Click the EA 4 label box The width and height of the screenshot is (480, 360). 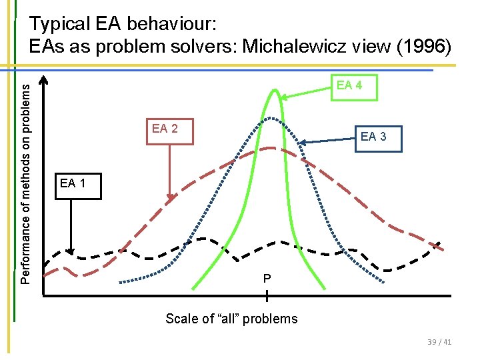pos(349,86)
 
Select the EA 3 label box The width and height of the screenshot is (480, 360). pos(373,137)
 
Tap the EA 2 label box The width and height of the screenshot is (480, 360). pos(165,129)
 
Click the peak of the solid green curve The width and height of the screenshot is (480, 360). pos(273,90)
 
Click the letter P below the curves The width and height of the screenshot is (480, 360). pos(266,278)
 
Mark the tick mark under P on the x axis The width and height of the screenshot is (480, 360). pos(267,295)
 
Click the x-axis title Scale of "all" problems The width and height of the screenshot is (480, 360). pos(231,319)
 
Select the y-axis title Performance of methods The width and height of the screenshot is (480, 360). pos(25,177)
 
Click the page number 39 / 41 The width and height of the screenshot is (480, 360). pos(438,342)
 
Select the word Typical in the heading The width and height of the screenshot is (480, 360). pos(58,25)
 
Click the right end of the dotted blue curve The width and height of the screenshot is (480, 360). pos(383,283)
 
